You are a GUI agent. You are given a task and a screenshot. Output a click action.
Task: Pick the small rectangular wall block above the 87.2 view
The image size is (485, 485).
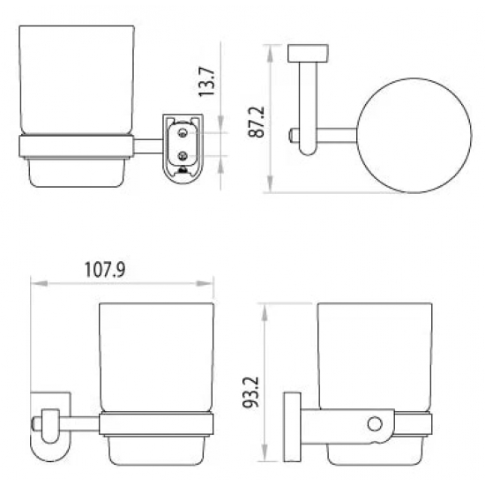[308, 53]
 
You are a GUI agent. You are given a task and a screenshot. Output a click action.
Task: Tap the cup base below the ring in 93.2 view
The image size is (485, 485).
[377, 451]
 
